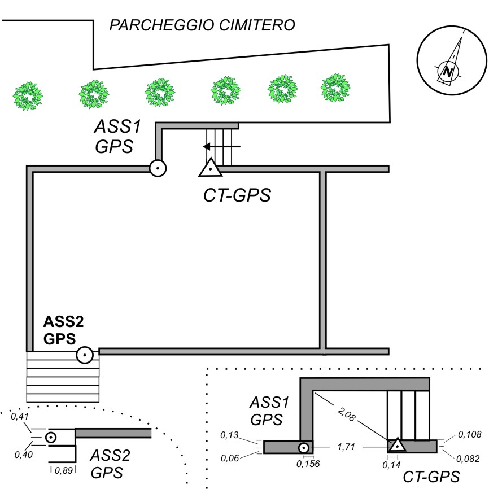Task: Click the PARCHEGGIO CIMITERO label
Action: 202,26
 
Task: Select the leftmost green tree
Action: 28,95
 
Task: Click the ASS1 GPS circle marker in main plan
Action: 158,168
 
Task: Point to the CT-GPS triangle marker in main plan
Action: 210,168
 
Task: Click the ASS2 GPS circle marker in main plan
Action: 85,355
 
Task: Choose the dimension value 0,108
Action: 469,435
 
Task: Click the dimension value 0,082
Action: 469,458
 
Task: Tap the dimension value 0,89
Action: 64,469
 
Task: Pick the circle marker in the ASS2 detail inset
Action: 50,437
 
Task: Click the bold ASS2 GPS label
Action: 63,330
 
